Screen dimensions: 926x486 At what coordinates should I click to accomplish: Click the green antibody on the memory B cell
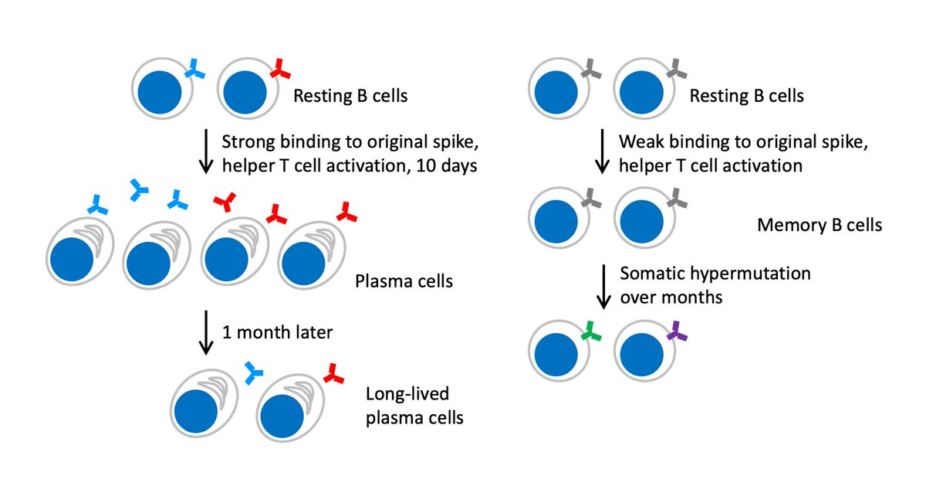point(591,331)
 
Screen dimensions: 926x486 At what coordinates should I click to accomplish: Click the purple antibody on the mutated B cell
point(677,331)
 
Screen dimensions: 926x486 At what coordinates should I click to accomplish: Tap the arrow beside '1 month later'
point(206,332)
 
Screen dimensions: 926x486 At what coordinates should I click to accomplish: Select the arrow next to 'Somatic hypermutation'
point(603,287)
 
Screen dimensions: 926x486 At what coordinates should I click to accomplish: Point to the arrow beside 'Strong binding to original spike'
point(206,151)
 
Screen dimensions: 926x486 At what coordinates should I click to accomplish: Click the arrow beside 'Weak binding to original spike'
point(603,151)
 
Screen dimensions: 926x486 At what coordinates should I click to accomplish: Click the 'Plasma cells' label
point(404,281)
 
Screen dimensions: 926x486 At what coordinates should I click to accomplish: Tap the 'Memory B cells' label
point(820,225)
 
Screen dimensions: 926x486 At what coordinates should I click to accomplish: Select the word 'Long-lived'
point(407,394)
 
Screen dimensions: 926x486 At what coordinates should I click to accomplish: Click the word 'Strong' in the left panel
point(248,142)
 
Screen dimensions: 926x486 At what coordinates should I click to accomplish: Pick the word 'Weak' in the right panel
point(641,142)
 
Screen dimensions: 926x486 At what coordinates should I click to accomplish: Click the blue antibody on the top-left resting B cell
point(194,69)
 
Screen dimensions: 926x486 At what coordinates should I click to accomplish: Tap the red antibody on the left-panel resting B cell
point(280,69)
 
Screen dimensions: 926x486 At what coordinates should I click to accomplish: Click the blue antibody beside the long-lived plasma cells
point(253,373)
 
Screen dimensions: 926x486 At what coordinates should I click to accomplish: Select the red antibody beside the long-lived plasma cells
point(334,373)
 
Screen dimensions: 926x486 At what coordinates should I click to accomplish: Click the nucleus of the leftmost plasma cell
point(72,260)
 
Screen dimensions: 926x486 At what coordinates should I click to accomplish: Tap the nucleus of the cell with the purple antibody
point(641,355)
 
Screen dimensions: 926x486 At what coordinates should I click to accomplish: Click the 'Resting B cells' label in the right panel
point(747,96)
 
